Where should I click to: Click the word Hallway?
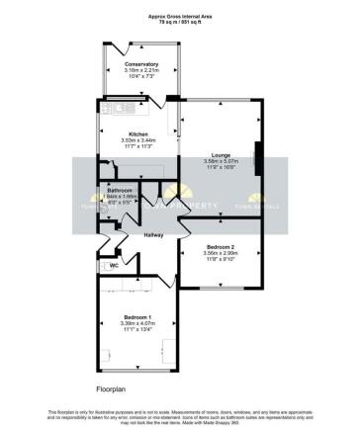point(153,234)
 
